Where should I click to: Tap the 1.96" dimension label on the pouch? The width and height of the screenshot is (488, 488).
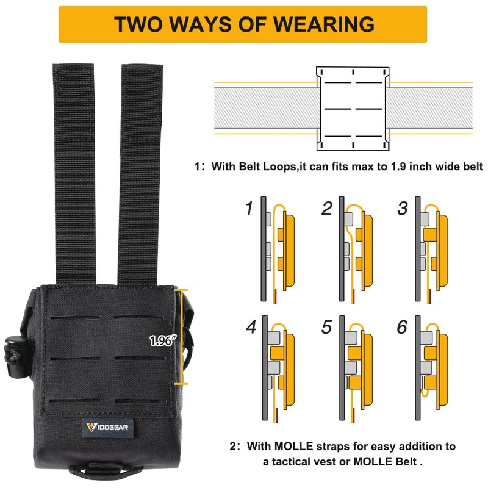pyautogui.click(x=163, y=342)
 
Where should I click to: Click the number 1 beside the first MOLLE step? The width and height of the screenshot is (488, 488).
pyautogui.click(x=249, y=209)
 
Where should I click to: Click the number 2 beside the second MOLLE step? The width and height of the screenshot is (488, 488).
pyautogui.click(x=327, y=209)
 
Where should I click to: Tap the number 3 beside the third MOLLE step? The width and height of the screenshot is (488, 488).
pyautogui.click(x=402, y=209)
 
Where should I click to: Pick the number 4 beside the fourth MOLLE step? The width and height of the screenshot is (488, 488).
pyautogui.click(x=251, y=328)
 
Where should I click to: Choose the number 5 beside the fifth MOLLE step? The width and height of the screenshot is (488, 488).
pyautogui.click(x=327, y=328)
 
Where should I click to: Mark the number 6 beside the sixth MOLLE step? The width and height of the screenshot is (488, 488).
pyautogui.click(x=402, y=328)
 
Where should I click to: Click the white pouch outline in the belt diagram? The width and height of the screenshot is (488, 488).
pyautogui.click(x=353, y=109)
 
